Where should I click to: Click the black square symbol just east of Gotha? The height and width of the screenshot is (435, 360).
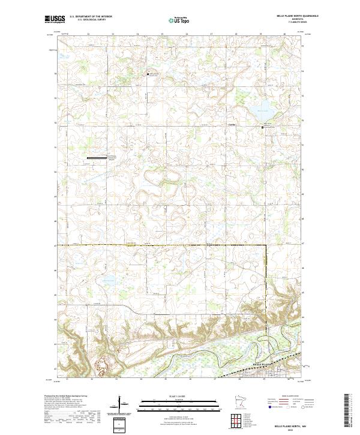pyautogui.click(x=262, y=127)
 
